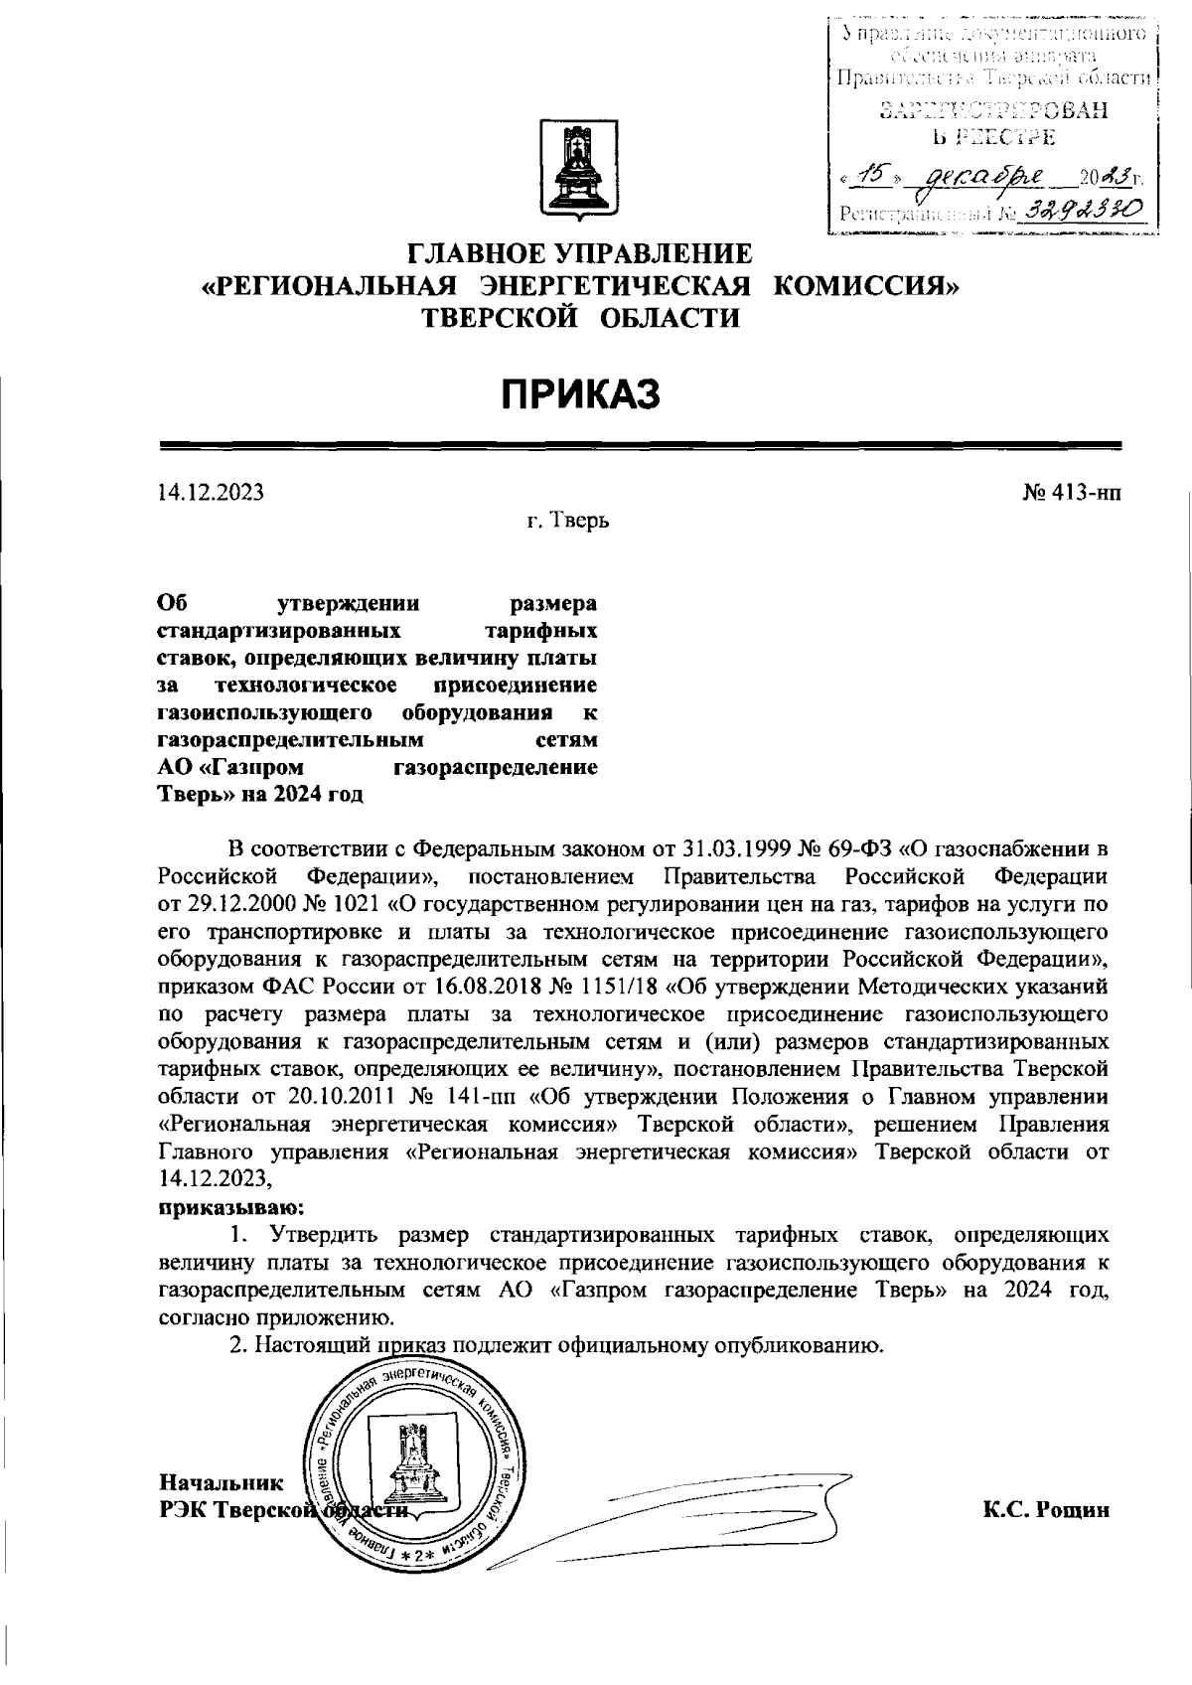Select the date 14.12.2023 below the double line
click(x=211, y=492)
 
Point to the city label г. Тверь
click(x=568, y=521)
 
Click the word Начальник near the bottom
click(x=221, y=1483)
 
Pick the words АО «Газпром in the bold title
click(x=231, y=767)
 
